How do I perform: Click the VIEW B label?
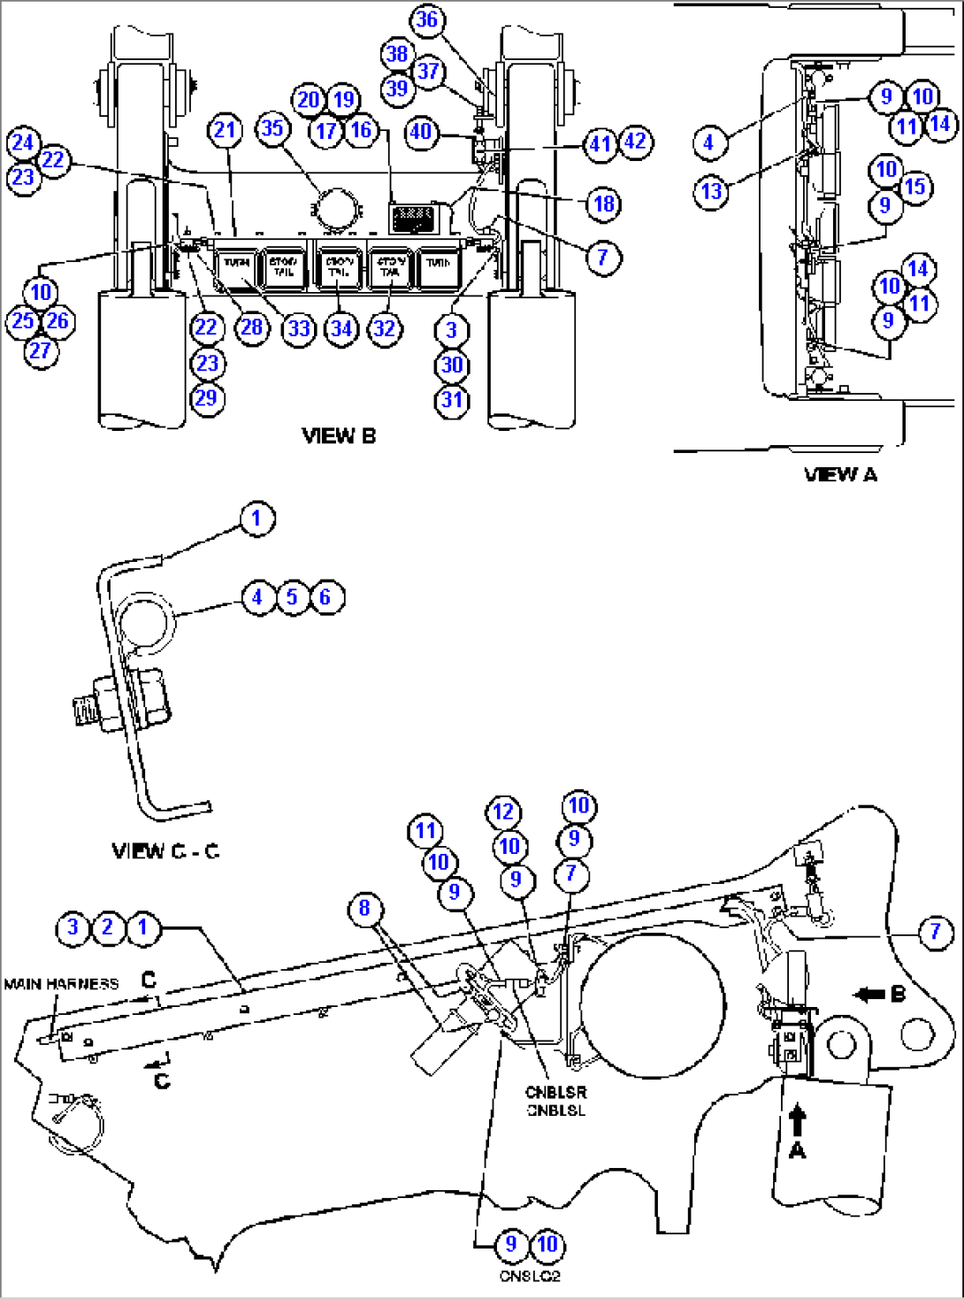pos(339,435)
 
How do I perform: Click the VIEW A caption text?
pos(840,474)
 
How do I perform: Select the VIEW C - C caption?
pos(165,851)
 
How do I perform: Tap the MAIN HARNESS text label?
pos(61,984)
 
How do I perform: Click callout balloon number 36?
pos(427,19)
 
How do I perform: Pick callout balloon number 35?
pos(272,128)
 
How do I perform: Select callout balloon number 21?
pos(225,131)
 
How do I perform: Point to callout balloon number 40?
pos(421,132)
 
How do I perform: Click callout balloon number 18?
pos(603,204)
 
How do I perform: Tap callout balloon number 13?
pos(712,190)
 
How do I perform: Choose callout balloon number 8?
pos(364,908)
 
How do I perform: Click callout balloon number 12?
pos(503,811)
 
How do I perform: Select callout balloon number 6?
pos(325,597)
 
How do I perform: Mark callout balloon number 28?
pos(252,328)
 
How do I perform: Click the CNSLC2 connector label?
pos(530,1276)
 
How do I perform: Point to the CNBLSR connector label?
pos(555,1092)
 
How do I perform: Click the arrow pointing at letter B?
pos(869,995)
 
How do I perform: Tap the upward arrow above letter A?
pos(798,1119)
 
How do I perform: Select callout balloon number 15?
pos(915,187)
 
